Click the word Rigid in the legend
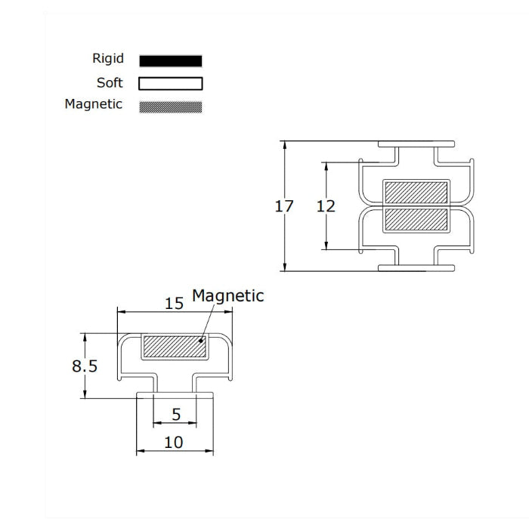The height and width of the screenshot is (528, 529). [107, 59]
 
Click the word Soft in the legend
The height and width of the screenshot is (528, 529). [110, 82]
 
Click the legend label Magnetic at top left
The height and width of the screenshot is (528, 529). [93, 105]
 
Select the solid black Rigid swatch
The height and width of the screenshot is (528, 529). [171, 60]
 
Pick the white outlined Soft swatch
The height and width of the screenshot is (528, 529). [171, 83]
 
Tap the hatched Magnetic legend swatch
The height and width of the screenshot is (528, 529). [171, 107]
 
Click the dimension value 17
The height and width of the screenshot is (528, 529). [284, 205]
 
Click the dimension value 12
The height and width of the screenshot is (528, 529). [326, 205]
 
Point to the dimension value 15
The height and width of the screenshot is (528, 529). [174, 304]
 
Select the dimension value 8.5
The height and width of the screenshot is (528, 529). [85, 366]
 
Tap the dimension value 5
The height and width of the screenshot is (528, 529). [175, 415]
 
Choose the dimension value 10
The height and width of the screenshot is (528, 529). [174, 443]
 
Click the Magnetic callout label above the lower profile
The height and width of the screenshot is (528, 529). [227, 296]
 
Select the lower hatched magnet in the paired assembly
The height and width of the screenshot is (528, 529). [416, 219]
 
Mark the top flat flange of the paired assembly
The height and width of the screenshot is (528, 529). [416, 144]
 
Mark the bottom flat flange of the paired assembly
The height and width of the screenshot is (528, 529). [416, 267]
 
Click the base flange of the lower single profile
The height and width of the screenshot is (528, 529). [175, 395]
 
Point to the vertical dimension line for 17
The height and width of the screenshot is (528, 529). [285, 242]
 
